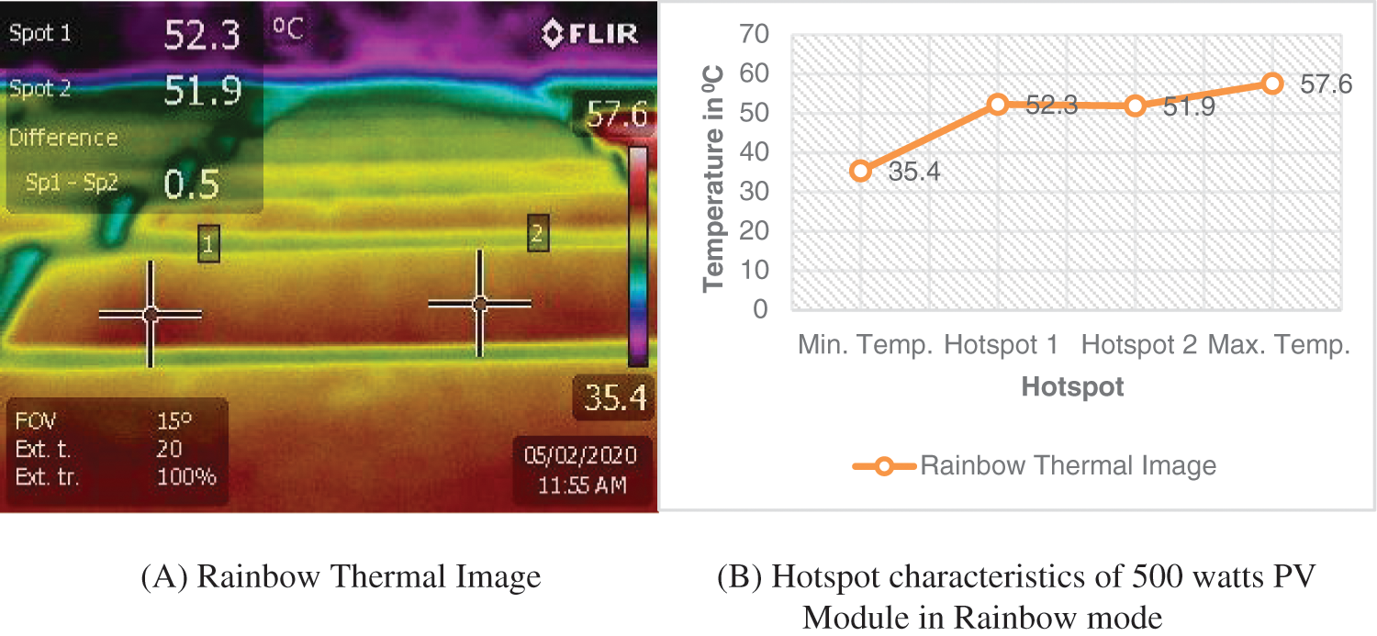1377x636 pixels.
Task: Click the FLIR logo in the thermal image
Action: pyautogui.click(x=589, y=34)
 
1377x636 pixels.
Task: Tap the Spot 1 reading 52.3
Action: pyautogui.click(x=202, y=35)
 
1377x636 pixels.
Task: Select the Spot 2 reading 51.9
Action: pyautogui.click(x=202, y=90)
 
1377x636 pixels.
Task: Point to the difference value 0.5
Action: pyautogui.click(x=191, y=184)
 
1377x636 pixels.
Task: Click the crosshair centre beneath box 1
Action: pyautogui.click(x=151, y=315)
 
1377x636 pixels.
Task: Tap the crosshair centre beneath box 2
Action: pyautogui.click(x=479, y=303)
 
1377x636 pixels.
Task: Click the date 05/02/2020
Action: pyautogui.click(x=580, y=455)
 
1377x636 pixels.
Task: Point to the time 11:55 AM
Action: pyautogui.click(x=582, y=484)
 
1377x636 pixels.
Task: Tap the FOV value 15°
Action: pyautogui.click(x=174, y=421)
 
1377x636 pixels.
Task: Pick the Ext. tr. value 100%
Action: pyautogui.click(x=186, y=476)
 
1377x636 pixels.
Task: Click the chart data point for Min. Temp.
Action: pyautogui.click(x=860, y=171)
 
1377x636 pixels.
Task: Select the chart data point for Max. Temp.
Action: pyautogui.click(x=1272, y=84)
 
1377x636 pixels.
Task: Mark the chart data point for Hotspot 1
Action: pyautogui.click(x=998, y=105)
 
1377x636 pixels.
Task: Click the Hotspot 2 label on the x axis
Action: pyautogui.click(x=1139, y=345)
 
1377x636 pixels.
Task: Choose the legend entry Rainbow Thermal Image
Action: pyautogui.click(x=1068, y=465)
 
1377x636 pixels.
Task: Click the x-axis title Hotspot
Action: pyautogui.click(x=1072, y=387)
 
